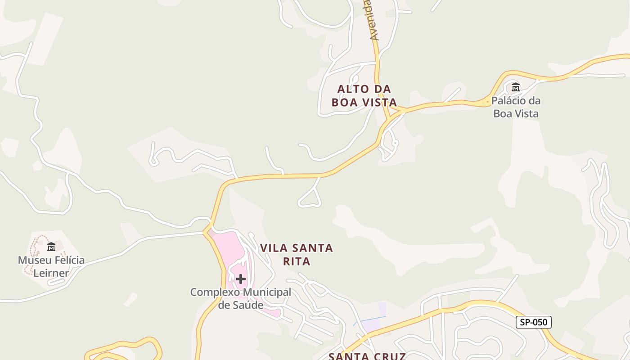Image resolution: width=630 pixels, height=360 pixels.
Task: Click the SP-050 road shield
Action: pos(533,322)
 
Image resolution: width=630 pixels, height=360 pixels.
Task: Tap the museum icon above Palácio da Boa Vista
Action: pos(516,87)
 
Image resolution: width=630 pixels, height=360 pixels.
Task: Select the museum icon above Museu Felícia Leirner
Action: pos(51,247)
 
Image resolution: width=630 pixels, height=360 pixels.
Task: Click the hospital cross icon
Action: pos(241,279)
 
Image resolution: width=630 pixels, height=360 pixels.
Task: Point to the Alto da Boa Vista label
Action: pos(364,95)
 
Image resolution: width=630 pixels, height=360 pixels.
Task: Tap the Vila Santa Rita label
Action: pos(297,254)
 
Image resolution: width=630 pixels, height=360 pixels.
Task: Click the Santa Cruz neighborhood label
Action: pos(367,356)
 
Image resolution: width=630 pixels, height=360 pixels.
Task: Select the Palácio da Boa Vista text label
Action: pos(516,107)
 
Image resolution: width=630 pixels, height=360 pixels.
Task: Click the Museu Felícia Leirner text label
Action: pos(51,266)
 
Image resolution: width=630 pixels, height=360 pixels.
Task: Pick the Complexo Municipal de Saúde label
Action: pos(241,298)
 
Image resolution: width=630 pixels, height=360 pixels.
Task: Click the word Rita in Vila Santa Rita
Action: pos(297,261)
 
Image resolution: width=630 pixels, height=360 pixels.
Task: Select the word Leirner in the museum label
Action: pos(51,273)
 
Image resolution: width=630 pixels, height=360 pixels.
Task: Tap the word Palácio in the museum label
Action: pos(509,100)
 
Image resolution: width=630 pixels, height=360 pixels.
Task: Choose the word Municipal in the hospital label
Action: pos(267,292)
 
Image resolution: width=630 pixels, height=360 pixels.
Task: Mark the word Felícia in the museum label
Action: pos(68,260)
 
